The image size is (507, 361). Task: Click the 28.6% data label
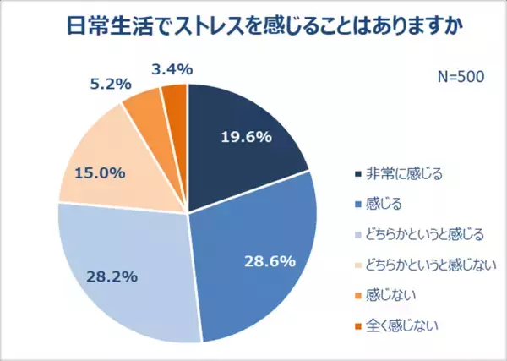coord(269,260)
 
